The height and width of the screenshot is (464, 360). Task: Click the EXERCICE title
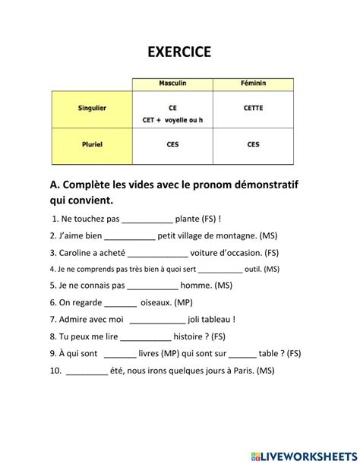tap(179, 52)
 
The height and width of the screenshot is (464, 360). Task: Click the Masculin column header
tap(172, 82)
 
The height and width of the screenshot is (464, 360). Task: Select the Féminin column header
tap(253, 82)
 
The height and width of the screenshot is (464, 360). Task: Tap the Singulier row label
tap(92, 108)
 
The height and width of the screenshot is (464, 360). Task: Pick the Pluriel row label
tap(92, 144)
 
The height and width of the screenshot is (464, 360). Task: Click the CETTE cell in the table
tap(253, 108)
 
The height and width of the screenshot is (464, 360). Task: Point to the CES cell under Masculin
tap(172, 144)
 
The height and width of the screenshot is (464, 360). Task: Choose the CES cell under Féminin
tap(253, 144)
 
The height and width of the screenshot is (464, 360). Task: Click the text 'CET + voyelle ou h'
tap(172, 119)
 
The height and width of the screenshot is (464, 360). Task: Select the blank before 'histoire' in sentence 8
tap(146, 336)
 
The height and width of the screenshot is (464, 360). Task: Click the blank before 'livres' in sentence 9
tap(120, 353)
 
